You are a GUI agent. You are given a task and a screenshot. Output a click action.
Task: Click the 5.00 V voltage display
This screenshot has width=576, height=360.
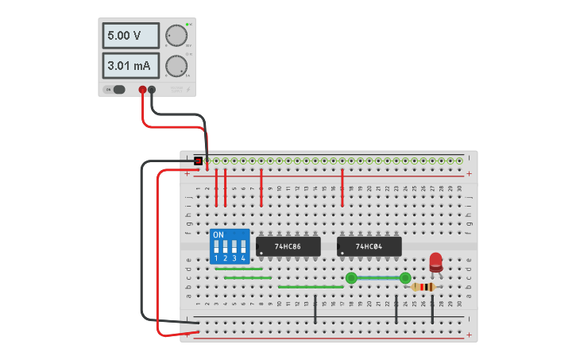[130, 36]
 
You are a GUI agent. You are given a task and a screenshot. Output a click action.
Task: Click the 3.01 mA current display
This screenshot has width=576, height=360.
[130, 64]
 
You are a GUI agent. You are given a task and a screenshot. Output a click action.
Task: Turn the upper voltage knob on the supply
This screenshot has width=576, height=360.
[175, 36]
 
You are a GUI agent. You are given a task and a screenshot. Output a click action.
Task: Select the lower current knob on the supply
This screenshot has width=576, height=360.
[175, 65]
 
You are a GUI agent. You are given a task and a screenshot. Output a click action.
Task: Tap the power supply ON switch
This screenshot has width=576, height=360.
[118, 89]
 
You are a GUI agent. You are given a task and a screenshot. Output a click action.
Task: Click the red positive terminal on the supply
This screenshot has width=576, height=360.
[142, 90]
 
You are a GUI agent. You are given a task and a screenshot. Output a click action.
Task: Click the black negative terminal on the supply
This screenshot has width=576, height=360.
[152, 90]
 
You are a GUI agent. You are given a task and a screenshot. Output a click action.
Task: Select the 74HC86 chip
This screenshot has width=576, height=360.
[288, 246]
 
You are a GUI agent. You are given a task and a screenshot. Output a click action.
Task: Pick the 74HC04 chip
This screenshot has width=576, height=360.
[369, 246]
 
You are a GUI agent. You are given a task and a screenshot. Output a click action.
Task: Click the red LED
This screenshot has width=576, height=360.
[435, 261]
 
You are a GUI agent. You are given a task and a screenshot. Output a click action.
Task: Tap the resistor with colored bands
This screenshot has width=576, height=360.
[425, 287]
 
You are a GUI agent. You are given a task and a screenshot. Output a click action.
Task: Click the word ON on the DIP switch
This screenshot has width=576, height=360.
[218, 235]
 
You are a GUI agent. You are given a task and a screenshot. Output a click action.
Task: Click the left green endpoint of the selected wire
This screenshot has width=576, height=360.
[351, 277]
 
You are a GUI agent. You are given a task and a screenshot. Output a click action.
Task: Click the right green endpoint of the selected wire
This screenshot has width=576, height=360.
[405, 277]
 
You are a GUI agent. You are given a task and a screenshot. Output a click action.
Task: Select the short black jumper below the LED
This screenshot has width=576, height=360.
[432, 308]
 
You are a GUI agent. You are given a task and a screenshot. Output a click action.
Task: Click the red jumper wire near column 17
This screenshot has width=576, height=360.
[342, 187]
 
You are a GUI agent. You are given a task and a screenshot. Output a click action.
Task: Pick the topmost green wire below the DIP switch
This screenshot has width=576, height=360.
[238, 269]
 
